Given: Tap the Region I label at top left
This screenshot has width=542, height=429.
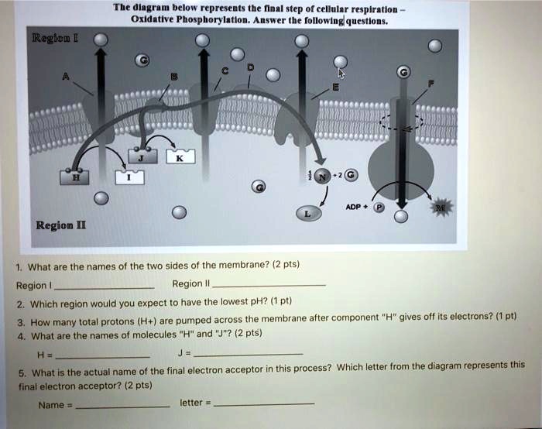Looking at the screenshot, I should click(x=48, y=36).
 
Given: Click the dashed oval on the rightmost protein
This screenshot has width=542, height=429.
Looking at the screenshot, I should click(x=401, y=121).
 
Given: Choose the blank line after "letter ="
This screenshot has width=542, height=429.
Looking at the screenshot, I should click(x=264, y=403).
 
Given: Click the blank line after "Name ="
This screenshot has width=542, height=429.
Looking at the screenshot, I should click(x=123, y=405).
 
